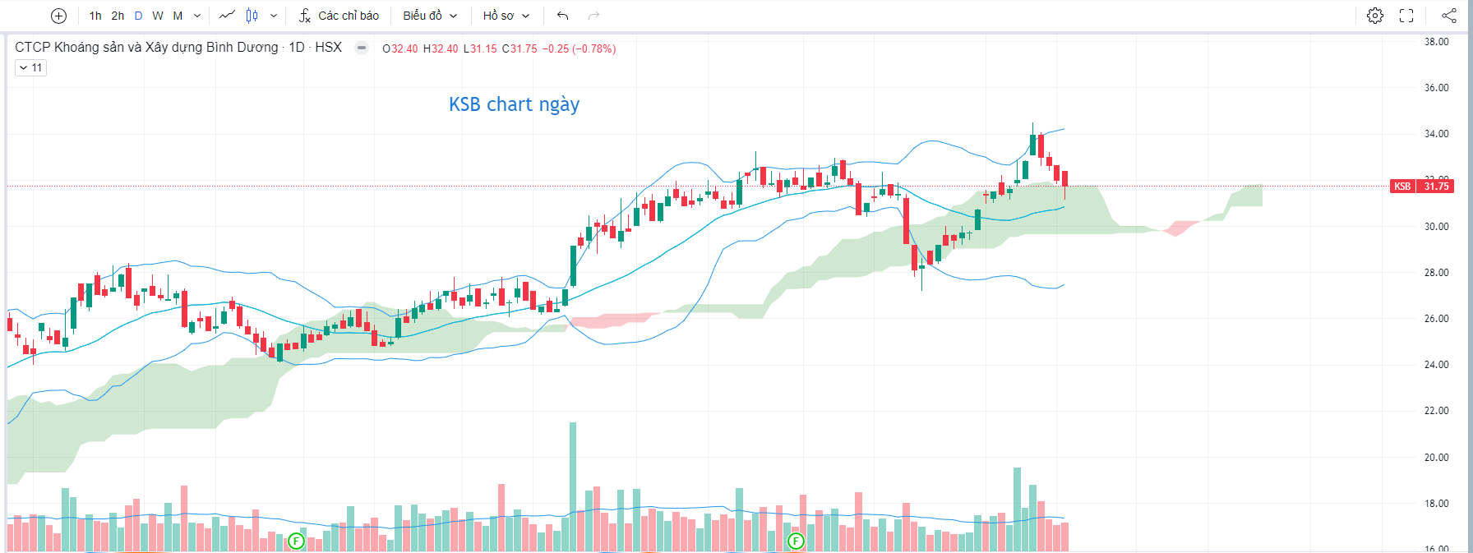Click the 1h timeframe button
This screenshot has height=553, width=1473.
coord(95,16)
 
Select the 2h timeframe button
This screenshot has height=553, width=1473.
coord(118,16)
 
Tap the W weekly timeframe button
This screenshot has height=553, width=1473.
coord(158,16)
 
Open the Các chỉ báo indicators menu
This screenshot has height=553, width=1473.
coord(339,16)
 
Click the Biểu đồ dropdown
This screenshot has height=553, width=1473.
coord(429,16)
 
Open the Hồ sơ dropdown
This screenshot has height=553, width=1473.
coord(506,16)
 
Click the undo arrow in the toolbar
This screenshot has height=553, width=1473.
coord(562,16)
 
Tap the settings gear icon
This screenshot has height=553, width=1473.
coord(1374,16)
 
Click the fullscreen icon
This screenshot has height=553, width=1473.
coord(1406,16)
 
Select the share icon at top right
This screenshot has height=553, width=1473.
coord(1448,16)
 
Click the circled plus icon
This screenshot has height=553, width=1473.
coord(58,16)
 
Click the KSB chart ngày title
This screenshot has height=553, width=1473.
coord(514,104)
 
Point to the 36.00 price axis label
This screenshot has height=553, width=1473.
coord(1436,88)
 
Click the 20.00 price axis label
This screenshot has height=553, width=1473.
coord(1436,458)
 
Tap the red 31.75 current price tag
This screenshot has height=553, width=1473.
coord(1436,187)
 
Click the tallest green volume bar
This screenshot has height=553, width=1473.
coord(573,485)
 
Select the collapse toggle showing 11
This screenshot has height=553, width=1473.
coord(30,68)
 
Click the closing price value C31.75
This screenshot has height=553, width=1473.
coord(519,48)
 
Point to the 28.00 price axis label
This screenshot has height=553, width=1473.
coord(1436,273)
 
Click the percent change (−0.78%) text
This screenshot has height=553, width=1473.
coord(593,48)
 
